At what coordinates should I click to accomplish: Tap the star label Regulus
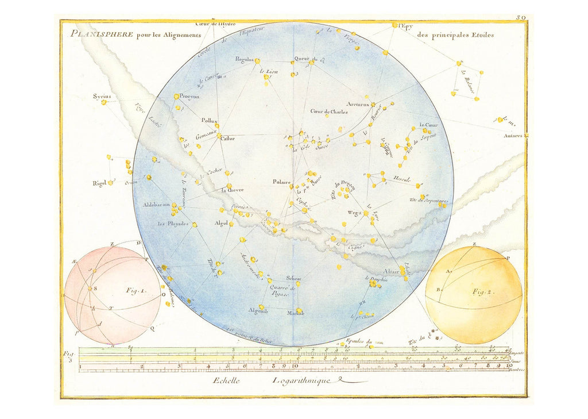tap(245, 59)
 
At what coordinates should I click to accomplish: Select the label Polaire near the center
tap(283, 182)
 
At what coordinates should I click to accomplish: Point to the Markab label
tap(295, 313)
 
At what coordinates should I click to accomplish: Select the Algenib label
tap(258, 310)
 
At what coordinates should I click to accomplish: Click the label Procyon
tap(189, 97)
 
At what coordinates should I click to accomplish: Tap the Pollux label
tap(209, 121)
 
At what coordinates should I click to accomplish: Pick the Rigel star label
tap(99, 183)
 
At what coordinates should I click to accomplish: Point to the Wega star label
tap(354, 213)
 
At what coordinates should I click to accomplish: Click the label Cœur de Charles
tap(329, 112)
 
